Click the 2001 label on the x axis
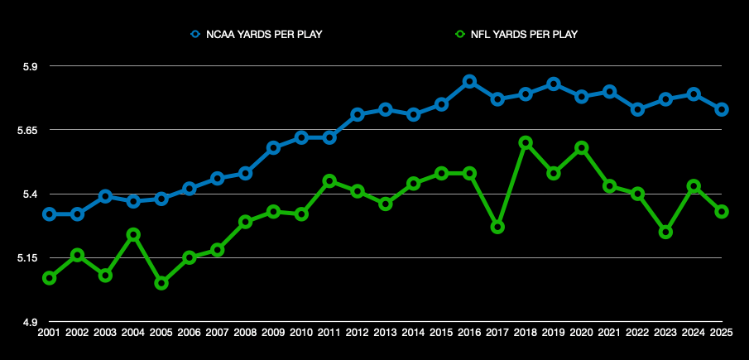(x=49, y=332)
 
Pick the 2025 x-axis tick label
(x=722, y=332)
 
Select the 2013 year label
(x=385, y=332)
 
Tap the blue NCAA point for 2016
(x=469, y=81)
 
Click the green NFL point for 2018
(x=525, y=142)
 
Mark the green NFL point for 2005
(x=161, y=283)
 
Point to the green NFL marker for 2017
(x=497, y=227)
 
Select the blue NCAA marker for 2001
(x=49, y=214)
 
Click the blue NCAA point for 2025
(x=722, y=109)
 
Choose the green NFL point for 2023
(x=665, y=232)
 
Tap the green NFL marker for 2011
(x=329, y=180)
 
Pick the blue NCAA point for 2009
(x=273, y=147)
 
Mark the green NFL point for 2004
(x=133, y=234)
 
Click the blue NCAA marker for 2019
(x=554, y=84)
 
